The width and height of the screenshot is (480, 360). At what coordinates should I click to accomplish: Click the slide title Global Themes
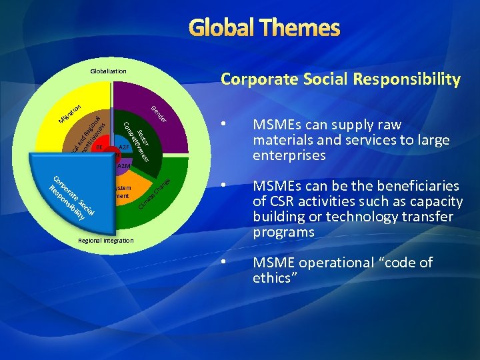(x=265, y=28)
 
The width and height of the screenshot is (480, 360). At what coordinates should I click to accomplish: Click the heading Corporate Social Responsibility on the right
(x=340, y=79)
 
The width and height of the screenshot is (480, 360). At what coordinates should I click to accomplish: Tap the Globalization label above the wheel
(x=108, y=71)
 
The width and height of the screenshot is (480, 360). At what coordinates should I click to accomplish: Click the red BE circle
(x=99, y=147)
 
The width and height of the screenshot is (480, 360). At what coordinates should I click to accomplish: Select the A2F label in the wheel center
(x=123, y=147)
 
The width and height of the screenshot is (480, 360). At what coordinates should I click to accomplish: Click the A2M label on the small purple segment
(x=124, y=166)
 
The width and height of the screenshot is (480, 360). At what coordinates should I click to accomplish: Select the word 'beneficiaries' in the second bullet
(x=419, y=185)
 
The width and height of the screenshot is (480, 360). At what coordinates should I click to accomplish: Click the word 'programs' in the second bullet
(x=283, y=232)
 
